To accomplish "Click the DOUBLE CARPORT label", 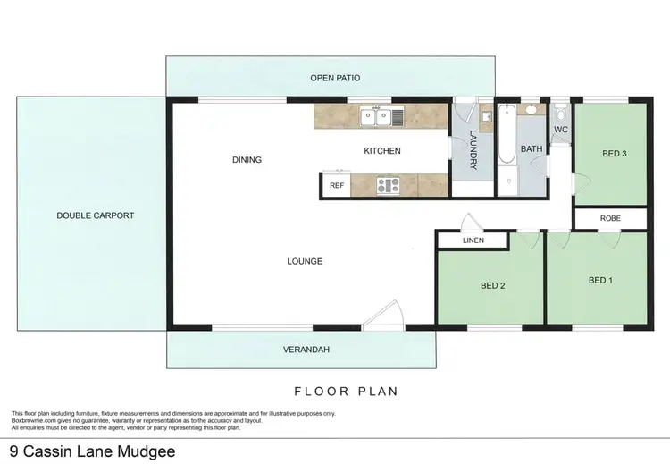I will coord(95,215).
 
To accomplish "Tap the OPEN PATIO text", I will coord(335,78).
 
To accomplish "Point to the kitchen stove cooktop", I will coord(389,185).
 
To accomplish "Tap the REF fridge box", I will coord(336,185).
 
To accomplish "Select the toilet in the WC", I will coord(560,114).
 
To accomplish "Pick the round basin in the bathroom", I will coord(530,112).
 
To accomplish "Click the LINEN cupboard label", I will coord(473,240).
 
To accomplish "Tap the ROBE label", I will coord(610,218).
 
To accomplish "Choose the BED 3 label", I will coord(614,154).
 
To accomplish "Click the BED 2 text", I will coord(493,286).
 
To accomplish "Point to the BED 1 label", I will coord(601,280).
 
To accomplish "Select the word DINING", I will coord(247,160).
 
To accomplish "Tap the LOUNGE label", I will coord(304,261).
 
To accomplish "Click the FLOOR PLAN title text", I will coord(346,391).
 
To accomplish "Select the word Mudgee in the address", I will coord(143,451).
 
